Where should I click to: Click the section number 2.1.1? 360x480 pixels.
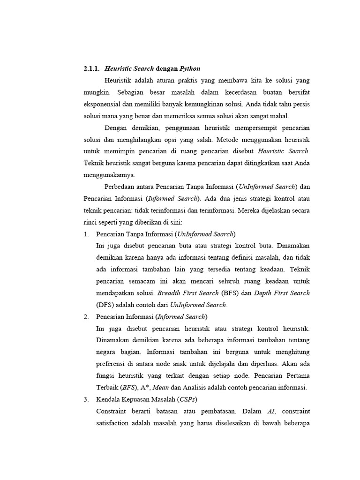click(x=92, y=68)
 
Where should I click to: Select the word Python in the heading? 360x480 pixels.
click(x=190, y=68)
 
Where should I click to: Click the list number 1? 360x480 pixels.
click(x=87, y=234)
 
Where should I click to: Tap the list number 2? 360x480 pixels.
click(x=87, y=317)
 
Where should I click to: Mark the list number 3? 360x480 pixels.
click(x=87, y=399)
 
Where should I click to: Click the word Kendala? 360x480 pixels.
click(x=108, y=399)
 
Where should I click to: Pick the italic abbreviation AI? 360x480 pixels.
click(x=271, y=412)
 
